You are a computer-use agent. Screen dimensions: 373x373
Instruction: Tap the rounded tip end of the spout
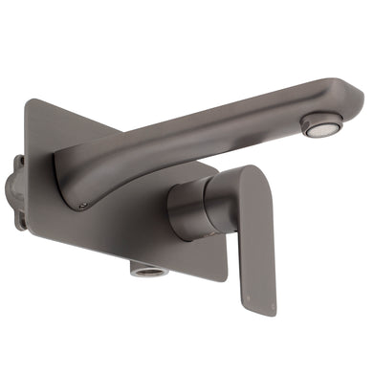(x=352, y=96)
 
